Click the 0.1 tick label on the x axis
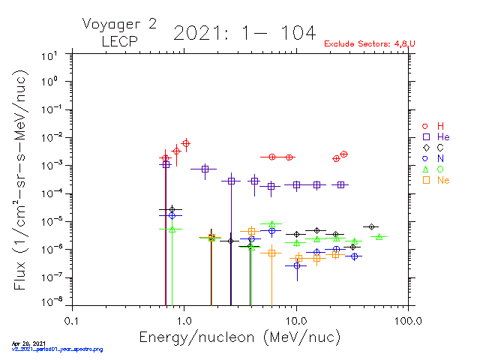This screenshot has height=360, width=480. point(71,320)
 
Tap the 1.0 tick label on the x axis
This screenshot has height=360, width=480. point(184,320)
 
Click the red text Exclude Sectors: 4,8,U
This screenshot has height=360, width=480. point(369,43)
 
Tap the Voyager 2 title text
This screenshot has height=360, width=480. point(119,24)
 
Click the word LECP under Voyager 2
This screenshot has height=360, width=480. point(119,41)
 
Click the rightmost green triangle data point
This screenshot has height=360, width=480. point(379,237)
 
